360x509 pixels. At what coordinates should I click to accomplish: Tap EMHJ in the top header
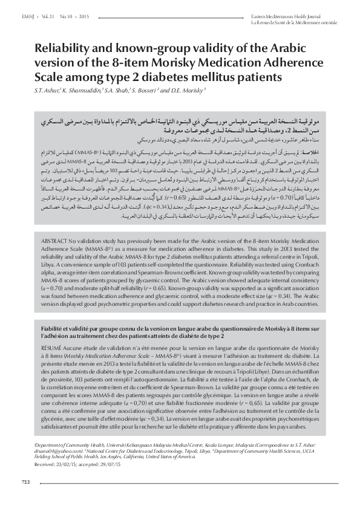[x=28, y=13]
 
